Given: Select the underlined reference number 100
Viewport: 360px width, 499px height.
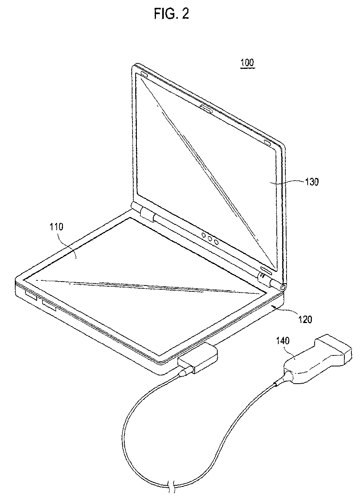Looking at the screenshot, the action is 247,63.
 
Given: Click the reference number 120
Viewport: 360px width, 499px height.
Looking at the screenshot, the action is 305,320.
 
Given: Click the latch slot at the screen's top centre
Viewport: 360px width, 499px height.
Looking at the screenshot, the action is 206,108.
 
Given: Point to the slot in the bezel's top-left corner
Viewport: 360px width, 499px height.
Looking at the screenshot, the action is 141,74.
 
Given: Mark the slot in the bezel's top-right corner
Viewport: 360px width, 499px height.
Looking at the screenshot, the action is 269,143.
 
